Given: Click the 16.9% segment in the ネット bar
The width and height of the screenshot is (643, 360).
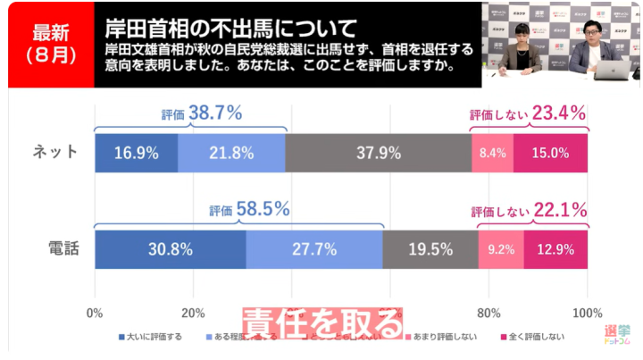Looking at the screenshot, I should click(x=136, y=153).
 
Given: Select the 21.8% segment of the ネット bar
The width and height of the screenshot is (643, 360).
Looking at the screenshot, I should click(x=231, y=153).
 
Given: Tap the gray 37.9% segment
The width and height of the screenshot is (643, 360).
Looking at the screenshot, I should click(x=378, y=153).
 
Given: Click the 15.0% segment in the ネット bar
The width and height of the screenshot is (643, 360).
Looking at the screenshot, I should click(x=550, y=153).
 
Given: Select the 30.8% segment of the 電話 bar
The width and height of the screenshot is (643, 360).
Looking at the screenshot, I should click(x=170, y=249).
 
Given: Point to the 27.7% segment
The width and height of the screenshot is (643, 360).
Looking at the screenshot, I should click(x=313, y=249).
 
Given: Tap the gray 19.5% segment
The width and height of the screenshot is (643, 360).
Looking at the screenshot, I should click(x=430, y=249).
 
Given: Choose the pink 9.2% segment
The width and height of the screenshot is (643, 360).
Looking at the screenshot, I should click(x=501, y=249).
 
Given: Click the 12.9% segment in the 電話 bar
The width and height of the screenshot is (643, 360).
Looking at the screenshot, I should click(x=555, y=249).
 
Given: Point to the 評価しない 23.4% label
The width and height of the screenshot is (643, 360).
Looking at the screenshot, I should click(x=528, y=113).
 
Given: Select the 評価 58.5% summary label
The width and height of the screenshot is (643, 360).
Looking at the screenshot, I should click(x=249, y=210).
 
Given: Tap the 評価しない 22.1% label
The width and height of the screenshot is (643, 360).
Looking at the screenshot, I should click(x=529, y=211).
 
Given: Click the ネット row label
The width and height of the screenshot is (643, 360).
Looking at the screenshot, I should click(x=51, y=153).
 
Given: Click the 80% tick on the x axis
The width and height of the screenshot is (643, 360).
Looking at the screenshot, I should click(x=489, y=314).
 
